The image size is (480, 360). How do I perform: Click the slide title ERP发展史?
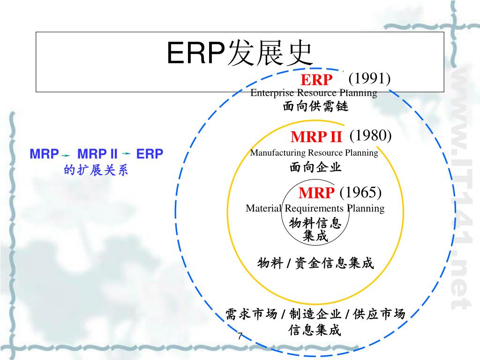point(240,53)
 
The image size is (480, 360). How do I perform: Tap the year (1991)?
point(369,78)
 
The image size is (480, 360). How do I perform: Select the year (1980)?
point(370,135)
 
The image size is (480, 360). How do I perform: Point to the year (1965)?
point(360,192)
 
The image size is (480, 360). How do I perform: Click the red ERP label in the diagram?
point(316,80)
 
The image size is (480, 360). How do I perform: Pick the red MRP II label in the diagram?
point(316,137)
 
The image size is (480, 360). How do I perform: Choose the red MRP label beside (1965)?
point(316,193)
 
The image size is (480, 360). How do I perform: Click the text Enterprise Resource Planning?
point(314,93)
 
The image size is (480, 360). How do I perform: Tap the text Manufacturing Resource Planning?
point(314,152)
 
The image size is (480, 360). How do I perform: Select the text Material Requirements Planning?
point(315,208)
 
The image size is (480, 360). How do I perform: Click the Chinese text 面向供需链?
point(315,107)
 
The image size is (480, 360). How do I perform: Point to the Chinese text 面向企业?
point(315,167)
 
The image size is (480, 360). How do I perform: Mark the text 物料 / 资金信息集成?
point(315,263)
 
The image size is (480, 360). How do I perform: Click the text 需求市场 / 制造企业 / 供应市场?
point(315,314)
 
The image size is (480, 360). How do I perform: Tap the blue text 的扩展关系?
point(96,170)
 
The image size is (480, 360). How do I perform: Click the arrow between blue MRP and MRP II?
point(66,155)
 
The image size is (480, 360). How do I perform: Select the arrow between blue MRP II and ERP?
point(126,153)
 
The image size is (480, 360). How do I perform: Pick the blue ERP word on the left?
point(150,154)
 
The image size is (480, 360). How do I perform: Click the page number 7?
point(240,336)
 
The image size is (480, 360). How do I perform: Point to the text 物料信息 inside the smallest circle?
point(315,223)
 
